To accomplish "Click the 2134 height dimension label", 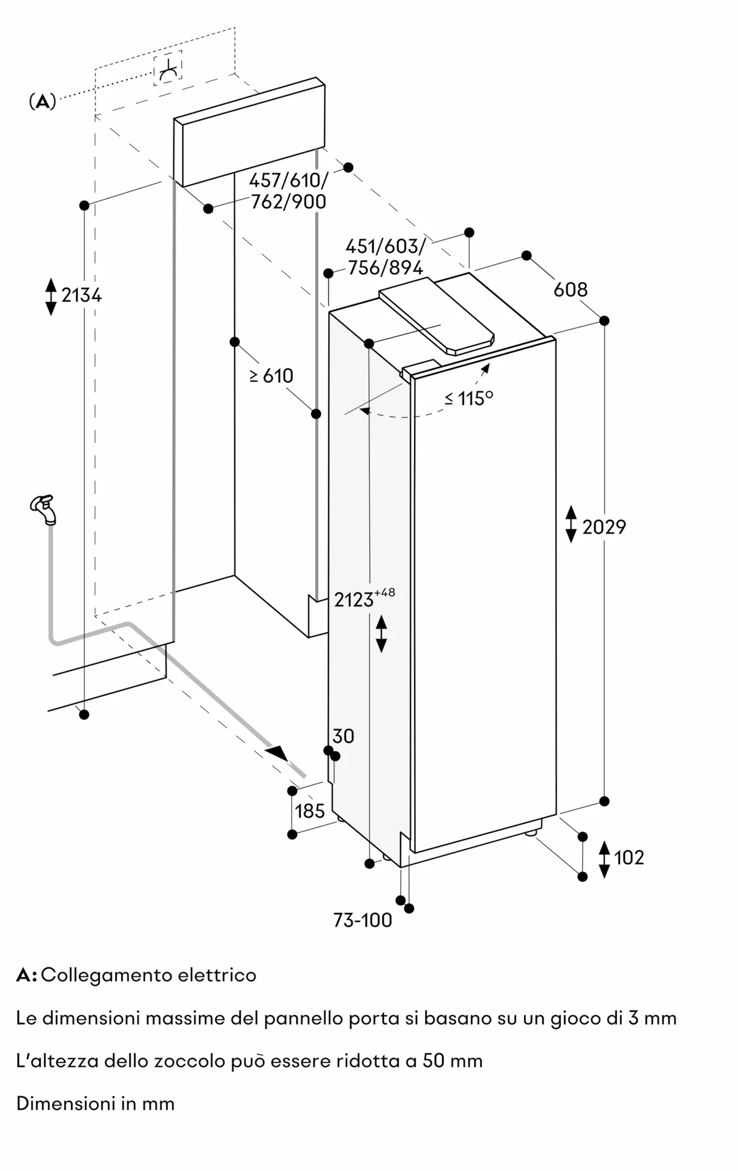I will tap(81, 296).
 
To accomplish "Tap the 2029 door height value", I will tap(604, 528).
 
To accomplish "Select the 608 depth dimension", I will tap(570, 289).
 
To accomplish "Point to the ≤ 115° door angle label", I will tap(469, 398).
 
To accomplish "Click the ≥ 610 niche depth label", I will tap(271, 376).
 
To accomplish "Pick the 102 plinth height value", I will tap(628, 858).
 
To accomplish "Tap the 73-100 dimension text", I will tap(363, 920).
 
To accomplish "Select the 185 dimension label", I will tap(309, 811).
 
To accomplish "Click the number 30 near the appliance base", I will tap(343, 736).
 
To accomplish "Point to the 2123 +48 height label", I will tap(364, 599).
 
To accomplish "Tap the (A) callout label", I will tap(42, 102).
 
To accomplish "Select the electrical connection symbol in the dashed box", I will tap(168, 69).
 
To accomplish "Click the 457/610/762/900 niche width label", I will tap(288, 191).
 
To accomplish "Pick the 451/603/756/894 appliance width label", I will tap(385, 257).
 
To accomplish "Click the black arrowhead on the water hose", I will tap(277, 752).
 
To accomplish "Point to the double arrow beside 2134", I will tap(51, 296).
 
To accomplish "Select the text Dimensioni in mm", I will tap(95, 1104).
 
